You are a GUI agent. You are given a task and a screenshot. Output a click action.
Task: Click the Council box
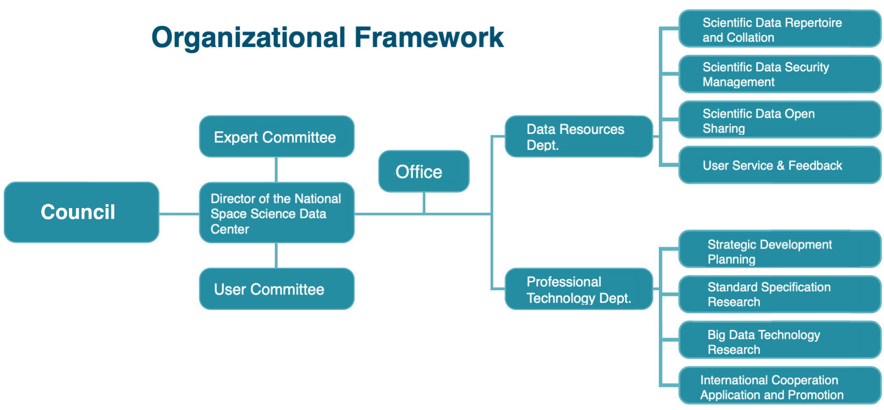(x=82, y=212)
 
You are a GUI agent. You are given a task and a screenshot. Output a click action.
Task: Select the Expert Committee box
(x=277, y=137)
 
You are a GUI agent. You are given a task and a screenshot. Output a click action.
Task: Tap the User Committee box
(x=277, y=289)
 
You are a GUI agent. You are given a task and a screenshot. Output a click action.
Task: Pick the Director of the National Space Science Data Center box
(x=277, y=213)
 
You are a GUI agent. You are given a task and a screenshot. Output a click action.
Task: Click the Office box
(x=424, y=171)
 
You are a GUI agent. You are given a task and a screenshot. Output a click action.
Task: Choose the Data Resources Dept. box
(x=579, y=137)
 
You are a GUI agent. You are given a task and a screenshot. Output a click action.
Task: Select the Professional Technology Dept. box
(x=579, y=289)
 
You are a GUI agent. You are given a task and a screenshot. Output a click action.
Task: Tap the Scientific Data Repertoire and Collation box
(x=780, y=29)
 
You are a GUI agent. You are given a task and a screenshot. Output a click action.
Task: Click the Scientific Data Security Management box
(x=780, y=74)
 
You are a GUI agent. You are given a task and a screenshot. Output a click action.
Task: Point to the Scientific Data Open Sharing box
(x=780, y=120)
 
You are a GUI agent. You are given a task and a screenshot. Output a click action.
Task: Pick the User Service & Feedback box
(x=780, y=165)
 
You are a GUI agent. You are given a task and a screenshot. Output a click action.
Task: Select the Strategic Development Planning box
(x=780, y=249)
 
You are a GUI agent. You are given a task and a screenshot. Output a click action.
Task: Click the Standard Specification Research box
(x=780, y=294)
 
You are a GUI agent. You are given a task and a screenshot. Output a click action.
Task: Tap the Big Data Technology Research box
(x=780, y=340)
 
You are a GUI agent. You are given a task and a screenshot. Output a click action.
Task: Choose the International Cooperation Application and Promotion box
(x=780, y=386)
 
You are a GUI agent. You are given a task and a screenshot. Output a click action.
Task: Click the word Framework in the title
(x=429, y=37)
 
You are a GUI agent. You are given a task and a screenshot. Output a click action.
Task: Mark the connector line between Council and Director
(x=179, y=214)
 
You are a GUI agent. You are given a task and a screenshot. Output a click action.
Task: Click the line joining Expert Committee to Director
(x=276, y=170)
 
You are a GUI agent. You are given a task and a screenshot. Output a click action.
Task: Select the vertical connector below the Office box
(x=424, y=203)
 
